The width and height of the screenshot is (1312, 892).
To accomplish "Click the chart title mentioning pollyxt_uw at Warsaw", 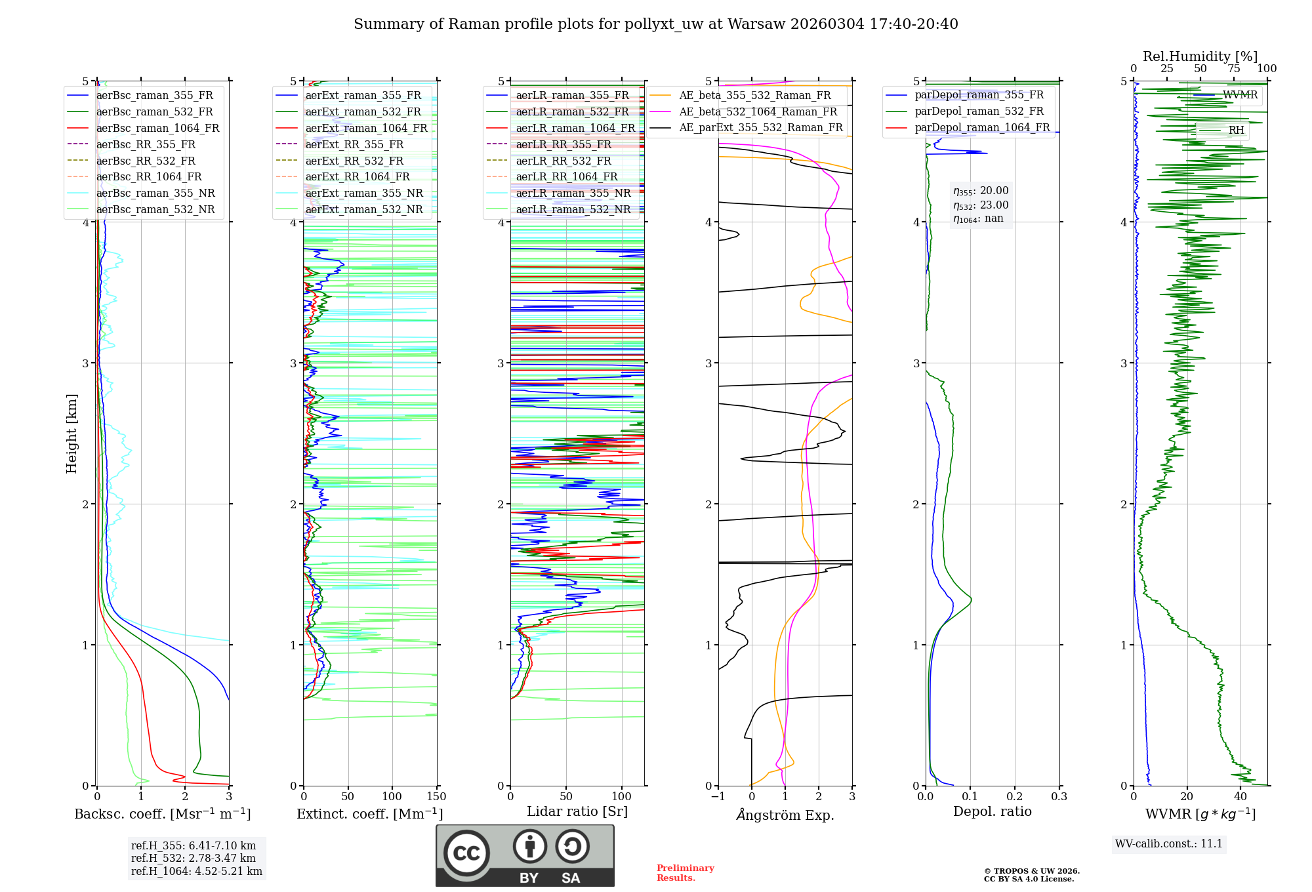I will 655,24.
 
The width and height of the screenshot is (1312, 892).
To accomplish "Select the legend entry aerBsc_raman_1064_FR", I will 157,128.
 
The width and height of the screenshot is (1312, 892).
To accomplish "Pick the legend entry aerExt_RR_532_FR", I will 354,161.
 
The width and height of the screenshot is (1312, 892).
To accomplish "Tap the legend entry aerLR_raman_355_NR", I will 573,193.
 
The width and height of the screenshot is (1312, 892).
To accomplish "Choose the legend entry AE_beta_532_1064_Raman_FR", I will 758,111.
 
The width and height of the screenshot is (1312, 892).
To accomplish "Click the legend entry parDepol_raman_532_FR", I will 979,111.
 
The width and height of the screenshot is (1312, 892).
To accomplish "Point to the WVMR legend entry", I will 1239,95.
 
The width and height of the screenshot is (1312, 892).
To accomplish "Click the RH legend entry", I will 1236,130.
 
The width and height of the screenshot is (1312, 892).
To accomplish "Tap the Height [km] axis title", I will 72,433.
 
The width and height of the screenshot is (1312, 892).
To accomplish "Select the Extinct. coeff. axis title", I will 370,814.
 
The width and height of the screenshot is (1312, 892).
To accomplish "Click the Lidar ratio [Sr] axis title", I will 577,811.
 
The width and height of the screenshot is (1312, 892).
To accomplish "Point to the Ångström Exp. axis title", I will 785,815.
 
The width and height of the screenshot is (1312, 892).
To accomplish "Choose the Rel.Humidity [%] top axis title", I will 1200,56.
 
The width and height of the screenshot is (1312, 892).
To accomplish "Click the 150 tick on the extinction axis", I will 436,797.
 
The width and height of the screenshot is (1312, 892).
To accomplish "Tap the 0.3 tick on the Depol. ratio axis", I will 1059,797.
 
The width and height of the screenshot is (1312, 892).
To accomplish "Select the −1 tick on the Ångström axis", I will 718,797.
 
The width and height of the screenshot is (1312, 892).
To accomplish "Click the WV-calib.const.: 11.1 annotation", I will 1169,843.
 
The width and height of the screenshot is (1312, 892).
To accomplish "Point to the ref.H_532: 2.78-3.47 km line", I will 193,858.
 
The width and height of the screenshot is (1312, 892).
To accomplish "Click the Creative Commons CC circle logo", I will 466,853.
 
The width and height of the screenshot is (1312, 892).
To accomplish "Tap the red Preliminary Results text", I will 685,873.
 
